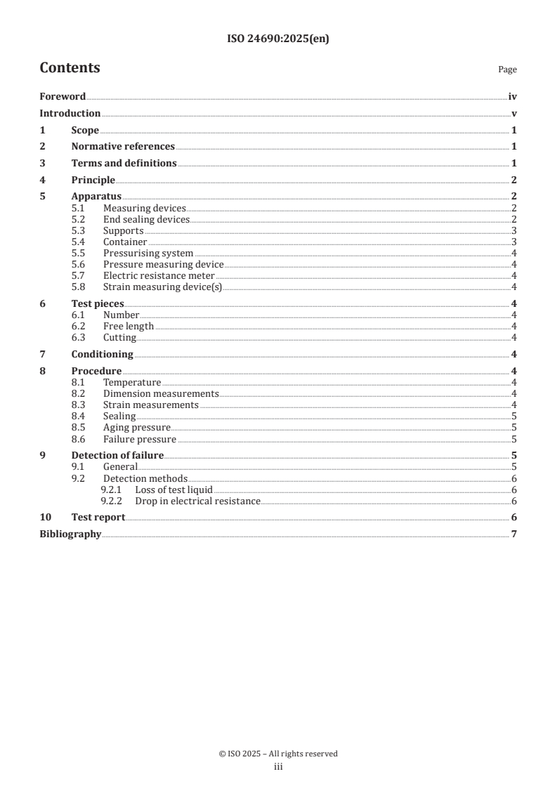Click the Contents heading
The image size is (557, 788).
coord(70,68)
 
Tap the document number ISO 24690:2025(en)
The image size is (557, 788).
coord(278,39)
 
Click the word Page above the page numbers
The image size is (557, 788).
coord(507,70)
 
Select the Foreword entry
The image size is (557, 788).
coord(63,97)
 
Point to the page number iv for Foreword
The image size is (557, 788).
coord(513,97)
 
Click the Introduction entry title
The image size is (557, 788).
coord(70,113)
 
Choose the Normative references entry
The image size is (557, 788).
coord(123,146)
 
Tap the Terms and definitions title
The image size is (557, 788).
coord(124,163)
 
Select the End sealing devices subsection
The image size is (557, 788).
coord(146,219)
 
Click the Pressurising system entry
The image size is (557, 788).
coord(148,253)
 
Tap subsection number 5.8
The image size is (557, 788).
coord(79,286)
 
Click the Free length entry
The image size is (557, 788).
coord(129,326)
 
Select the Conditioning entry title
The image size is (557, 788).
coord(102,354)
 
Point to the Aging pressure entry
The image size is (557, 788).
coord(137,427)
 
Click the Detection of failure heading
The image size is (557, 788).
coord(117,455)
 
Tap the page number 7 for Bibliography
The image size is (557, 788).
coord(514,534)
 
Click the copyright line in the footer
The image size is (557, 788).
coord(278,754)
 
